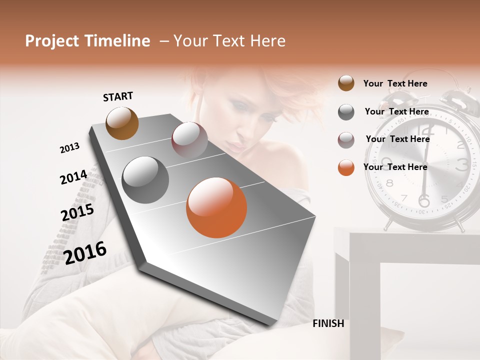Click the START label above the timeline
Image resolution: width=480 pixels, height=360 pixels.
118,96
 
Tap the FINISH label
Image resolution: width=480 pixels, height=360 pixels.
328,323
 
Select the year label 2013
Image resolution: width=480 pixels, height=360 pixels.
69,148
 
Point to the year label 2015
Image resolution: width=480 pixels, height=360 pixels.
77,212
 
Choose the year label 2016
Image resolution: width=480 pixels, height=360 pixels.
85,252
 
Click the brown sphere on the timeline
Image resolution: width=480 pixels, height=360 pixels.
122,123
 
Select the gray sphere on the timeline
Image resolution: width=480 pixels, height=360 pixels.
145,180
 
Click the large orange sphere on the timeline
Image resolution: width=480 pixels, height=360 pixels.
216,207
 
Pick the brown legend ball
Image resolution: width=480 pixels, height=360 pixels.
346,83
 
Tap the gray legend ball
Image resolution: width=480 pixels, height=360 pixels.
346,112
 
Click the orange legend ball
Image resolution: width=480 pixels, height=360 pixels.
346,167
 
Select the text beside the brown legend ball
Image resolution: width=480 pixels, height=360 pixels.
395,84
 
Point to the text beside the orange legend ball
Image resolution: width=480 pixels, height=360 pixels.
395,167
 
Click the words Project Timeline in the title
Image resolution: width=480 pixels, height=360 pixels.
87,41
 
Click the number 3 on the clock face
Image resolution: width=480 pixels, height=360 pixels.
462,163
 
